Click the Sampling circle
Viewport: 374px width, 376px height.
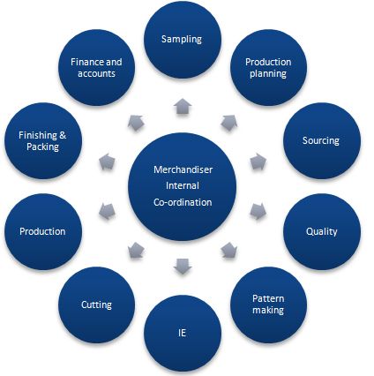[183, 40]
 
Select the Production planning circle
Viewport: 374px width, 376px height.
[268, 67]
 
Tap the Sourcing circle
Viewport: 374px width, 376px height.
[322, 140]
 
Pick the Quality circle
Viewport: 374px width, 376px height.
[322, 231]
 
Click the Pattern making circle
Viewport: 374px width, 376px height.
[268, 305]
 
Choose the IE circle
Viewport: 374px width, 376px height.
[183, 334]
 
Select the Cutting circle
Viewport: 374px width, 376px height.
[97, 305]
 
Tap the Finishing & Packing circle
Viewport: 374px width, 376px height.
[43, 140]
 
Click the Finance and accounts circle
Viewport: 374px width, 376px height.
[97, 67]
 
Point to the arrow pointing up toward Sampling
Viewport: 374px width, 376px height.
[183, 106]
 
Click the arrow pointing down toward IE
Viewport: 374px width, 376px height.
[183, 267]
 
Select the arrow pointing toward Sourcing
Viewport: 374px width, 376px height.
[258, 162]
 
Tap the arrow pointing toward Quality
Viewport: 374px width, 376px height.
[258, 211]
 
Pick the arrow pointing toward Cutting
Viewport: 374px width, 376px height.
[136, 251]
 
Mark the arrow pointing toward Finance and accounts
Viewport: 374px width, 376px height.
[136, 123]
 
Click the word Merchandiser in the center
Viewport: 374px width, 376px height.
[183, 169]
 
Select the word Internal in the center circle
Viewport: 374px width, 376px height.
[183, 186]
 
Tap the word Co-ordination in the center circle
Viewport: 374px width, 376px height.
[183, 202]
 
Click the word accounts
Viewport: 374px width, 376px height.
[96, 73]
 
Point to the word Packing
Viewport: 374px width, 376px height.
[43, 147]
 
